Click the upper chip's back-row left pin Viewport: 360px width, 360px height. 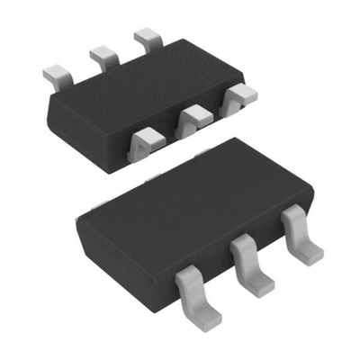tap(57, 71)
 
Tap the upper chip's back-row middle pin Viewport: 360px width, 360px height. tap(103, 55)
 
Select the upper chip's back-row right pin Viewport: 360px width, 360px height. tap(146, 40)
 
